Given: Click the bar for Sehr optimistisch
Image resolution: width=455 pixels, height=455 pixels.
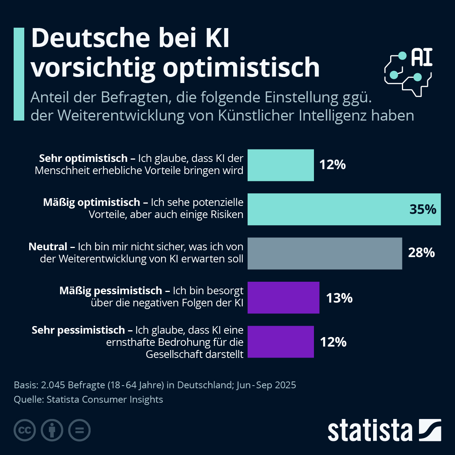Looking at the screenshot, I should (281, 165).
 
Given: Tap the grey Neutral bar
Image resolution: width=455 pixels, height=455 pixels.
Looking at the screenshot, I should (325, 253).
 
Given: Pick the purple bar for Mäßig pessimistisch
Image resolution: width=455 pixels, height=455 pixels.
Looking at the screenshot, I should (283, 298).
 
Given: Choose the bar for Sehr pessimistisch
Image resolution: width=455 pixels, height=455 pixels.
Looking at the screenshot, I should (281, 342).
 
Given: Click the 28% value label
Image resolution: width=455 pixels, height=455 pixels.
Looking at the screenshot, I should (421, 253).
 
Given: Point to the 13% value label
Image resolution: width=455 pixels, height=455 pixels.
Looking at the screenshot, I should (339, 298).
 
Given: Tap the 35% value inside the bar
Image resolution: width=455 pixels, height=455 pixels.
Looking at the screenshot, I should (423, 209).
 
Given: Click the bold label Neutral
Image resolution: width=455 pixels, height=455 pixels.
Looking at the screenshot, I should (48, 247).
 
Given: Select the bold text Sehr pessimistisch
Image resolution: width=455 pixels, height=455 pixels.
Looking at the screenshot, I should (78, 330).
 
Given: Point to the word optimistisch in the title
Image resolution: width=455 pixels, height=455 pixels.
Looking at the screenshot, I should (241, 67).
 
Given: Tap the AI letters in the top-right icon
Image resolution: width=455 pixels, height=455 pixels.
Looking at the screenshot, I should (422, 58).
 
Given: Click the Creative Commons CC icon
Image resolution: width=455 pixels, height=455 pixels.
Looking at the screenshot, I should (25, 430).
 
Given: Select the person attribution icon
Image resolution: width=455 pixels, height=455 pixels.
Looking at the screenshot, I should (52, 430).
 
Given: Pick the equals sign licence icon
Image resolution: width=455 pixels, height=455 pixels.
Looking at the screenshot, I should (79, 430).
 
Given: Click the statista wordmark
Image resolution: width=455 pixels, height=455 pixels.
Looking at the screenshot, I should (370, 431).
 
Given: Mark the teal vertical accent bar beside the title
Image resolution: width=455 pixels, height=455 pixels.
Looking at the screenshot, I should (19, 74).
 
